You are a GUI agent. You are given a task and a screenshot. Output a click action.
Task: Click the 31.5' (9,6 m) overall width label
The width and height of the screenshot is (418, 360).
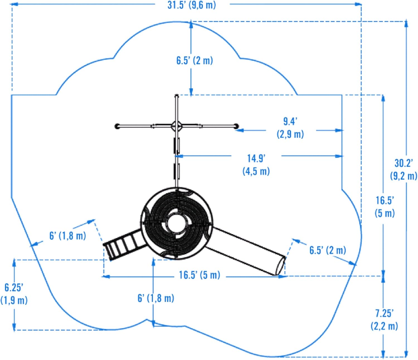point(192,5)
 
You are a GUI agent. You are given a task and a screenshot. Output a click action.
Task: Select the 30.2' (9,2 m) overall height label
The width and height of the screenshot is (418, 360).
point(404,169)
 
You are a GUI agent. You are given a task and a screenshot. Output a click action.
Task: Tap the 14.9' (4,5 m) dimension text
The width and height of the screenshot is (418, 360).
point(256,165)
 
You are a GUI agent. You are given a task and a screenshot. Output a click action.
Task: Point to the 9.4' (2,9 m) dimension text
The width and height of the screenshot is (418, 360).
point(290,128)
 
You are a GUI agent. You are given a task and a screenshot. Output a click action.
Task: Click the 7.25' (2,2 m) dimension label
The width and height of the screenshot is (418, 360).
point(384,319)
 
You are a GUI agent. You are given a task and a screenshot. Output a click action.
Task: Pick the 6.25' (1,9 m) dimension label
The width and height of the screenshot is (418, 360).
point(14,294)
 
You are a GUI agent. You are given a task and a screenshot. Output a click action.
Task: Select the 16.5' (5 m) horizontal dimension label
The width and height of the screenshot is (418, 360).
point(200,275)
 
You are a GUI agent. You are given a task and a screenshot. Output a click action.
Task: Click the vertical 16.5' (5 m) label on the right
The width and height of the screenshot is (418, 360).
point(385,207)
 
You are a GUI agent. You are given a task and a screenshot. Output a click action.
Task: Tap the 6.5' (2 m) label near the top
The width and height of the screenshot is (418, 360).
point(195,60)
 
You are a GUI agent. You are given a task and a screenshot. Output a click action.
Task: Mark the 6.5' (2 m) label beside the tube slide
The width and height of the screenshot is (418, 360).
point(328,250)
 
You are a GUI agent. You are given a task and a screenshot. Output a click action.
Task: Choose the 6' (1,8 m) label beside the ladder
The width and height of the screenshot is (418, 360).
point(68,236)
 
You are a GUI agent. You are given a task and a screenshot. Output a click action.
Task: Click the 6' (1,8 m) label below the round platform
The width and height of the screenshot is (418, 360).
point(156,298)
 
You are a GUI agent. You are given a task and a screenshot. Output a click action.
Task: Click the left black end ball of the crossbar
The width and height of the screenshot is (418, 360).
point(117,126)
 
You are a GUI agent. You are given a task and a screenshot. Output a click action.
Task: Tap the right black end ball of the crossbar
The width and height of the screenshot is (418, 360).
point(236,126)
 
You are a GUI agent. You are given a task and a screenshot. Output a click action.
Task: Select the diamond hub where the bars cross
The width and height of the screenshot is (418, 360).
point(176,126)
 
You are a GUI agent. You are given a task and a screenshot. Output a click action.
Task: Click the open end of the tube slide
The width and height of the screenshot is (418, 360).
point(280,266)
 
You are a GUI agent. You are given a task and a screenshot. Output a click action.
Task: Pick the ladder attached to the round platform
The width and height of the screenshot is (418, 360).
point(123,244)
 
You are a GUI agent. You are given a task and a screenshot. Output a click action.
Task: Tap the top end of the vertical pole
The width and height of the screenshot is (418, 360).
point(176,96)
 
